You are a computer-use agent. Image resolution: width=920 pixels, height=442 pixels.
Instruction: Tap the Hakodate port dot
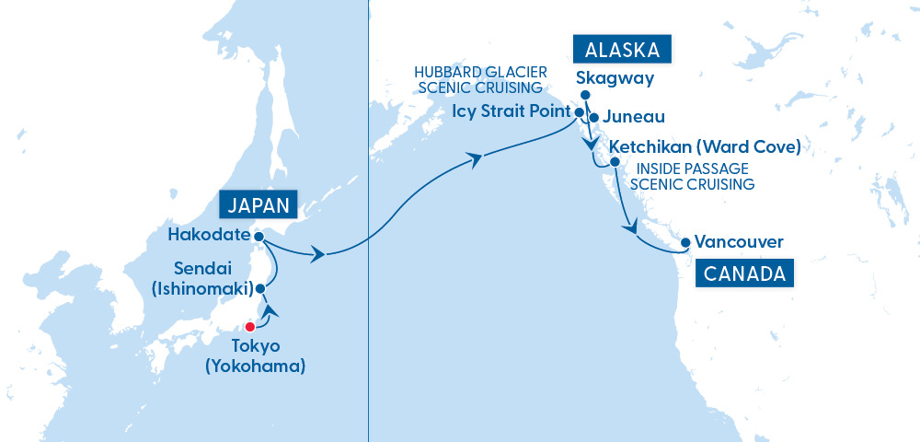pos(259,236)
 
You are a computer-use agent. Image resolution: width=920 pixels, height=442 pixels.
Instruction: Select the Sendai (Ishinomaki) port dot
pos(260,288)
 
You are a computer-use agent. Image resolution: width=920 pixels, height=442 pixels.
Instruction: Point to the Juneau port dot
pos(594,117)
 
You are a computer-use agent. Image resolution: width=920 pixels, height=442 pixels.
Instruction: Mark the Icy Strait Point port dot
pos(580,112)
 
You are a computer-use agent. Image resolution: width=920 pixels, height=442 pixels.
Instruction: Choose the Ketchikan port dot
pos(615,161)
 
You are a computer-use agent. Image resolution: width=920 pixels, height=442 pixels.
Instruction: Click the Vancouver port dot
pos(685,244)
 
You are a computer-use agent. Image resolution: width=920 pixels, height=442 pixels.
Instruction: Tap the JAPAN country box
pos(259,204)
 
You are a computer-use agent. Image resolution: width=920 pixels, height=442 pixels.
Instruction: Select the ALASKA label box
pos(622,50)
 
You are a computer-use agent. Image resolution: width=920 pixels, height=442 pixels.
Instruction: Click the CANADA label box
pos(745,273)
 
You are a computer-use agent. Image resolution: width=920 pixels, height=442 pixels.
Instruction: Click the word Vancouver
pos(739,243)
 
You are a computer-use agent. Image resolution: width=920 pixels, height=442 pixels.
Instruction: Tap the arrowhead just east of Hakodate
pos(317,254)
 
